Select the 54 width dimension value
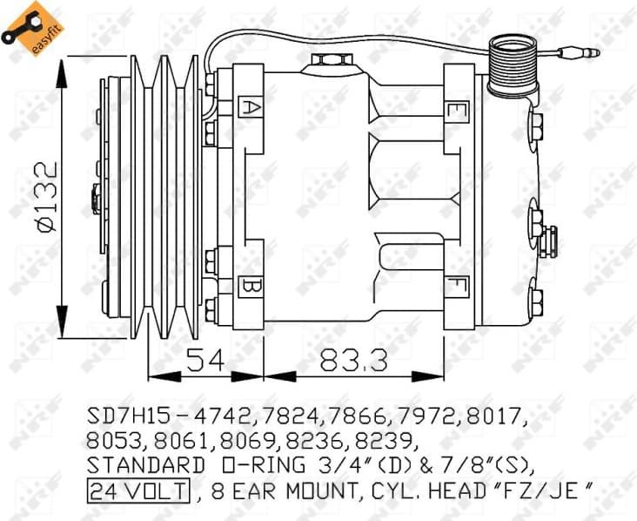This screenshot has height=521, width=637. click(205, 360)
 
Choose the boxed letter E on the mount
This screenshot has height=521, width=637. click(453, 111)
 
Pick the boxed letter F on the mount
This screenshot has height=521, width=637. click(453, 287)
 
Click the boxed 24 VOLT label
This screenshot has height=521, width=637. click(137, 493)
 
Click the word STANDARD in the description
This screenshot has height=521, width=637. click(140, 465)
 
